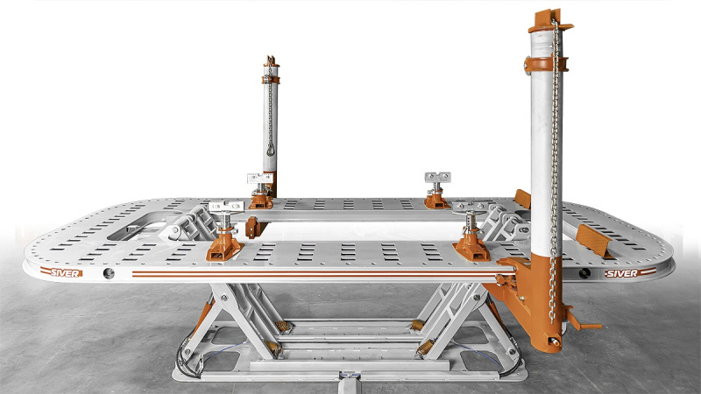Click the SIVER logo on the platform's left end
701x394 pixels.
61,272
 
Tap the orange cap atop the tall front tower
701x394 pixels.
549,21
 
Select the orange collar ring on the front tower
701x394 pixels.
545,64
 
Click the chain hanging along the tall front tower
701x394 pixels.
555,170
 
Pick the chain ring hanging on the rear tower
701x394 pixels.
271,150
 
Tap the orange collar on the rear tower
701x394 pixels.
271,80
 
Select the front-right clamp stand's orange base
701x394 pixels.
471,247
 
